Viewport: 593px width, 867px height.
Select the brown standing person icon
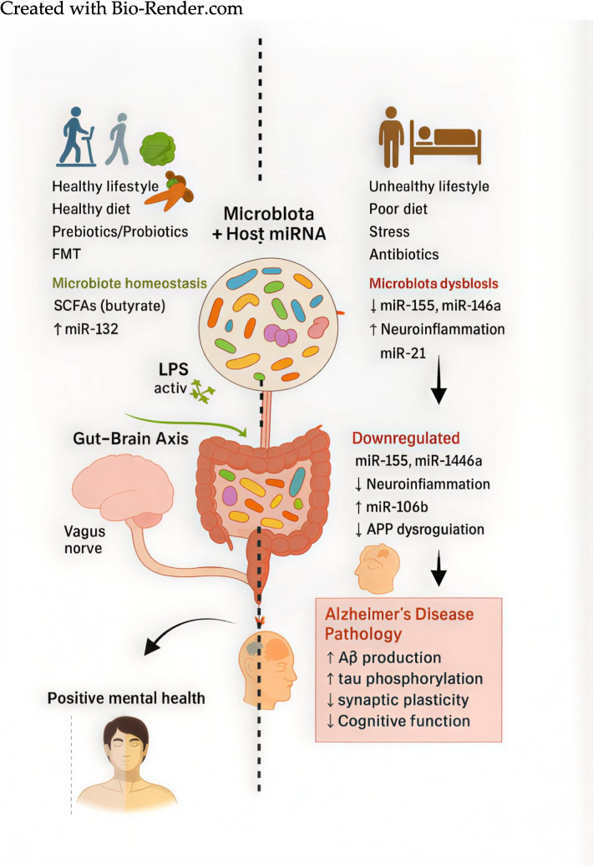click(391, 137)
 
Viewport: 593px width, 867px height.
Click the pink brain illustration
click(123, 489)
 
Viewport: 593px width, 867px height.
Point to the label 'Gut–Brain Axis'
click(130, 439)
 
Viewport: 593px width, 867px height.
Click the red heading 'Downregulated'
click(406, 438)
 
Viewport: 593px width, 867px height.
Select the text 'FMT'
click(66, 254)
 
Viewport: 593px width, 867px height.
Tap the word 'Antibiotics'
click(404, 255)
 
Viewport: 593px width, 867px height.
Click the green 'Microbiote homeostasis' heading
click(129, 283)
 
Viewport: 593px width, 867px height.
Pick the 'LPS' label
click(174, 369)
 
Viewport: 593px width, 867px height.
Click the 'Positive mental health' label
click(126, 698)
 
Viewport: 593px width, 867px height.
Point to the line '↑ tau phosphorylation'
click(404, 678)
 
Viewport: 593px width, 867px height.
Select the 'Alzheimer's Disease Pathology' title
click(399, 624)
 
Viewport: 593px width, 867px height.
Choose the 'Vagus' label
click(84, 531)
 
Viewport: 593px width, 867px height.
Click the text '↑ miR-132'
click(86, 329)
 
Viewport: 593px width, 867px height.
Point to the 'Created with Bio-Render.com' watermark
click(122, 9)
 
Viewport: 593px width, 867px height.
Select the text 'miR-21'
click(403, 352)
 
